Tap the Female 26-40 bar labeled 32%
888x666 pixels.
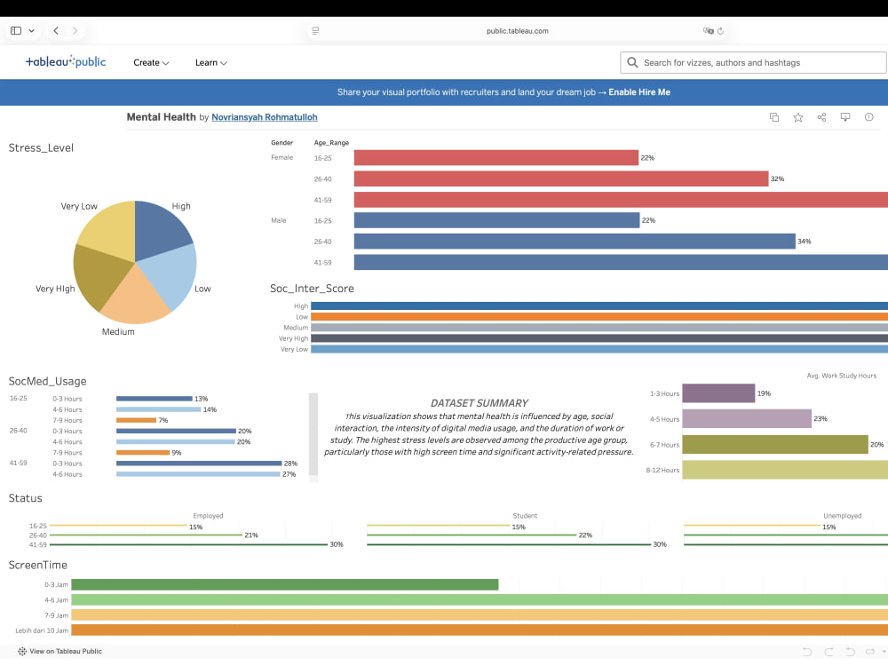[x=560, y=179]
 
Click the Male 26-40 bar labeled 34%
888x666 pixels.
[x=575, y=242]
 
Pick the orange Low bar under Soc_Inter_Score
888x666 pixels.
[x=599, y=317]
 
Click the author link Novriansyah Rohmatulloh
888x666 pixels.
[x=265, y=117]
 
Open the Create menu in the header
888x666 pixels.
[x=151, y=63]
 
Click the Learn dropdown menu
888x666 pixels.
[x=211, y=63]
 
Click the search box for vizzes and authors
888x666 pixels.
[x=753, y=63]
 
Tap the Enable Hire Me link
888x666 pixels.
[x=639, y=92]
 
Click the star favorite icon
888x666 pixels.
[x=798, y=117]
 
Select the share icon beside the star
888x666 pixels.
[x=821, y=117]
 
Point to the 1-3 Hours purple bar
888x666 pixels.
[x=718, y=393]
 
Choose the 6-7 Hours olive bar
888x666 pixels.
[x=774, y=445]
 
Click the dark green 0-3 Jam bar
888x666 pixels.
[x=285, y=584]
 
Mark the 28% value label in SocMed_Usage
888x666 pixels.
[x=290, y=464]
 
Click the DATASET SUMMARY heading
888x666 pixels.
[x=480, y=403]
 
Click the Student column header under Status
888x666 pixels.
[x=525, y=516]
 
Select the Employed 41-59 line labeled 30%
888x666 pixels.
[x=188, y=545]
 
